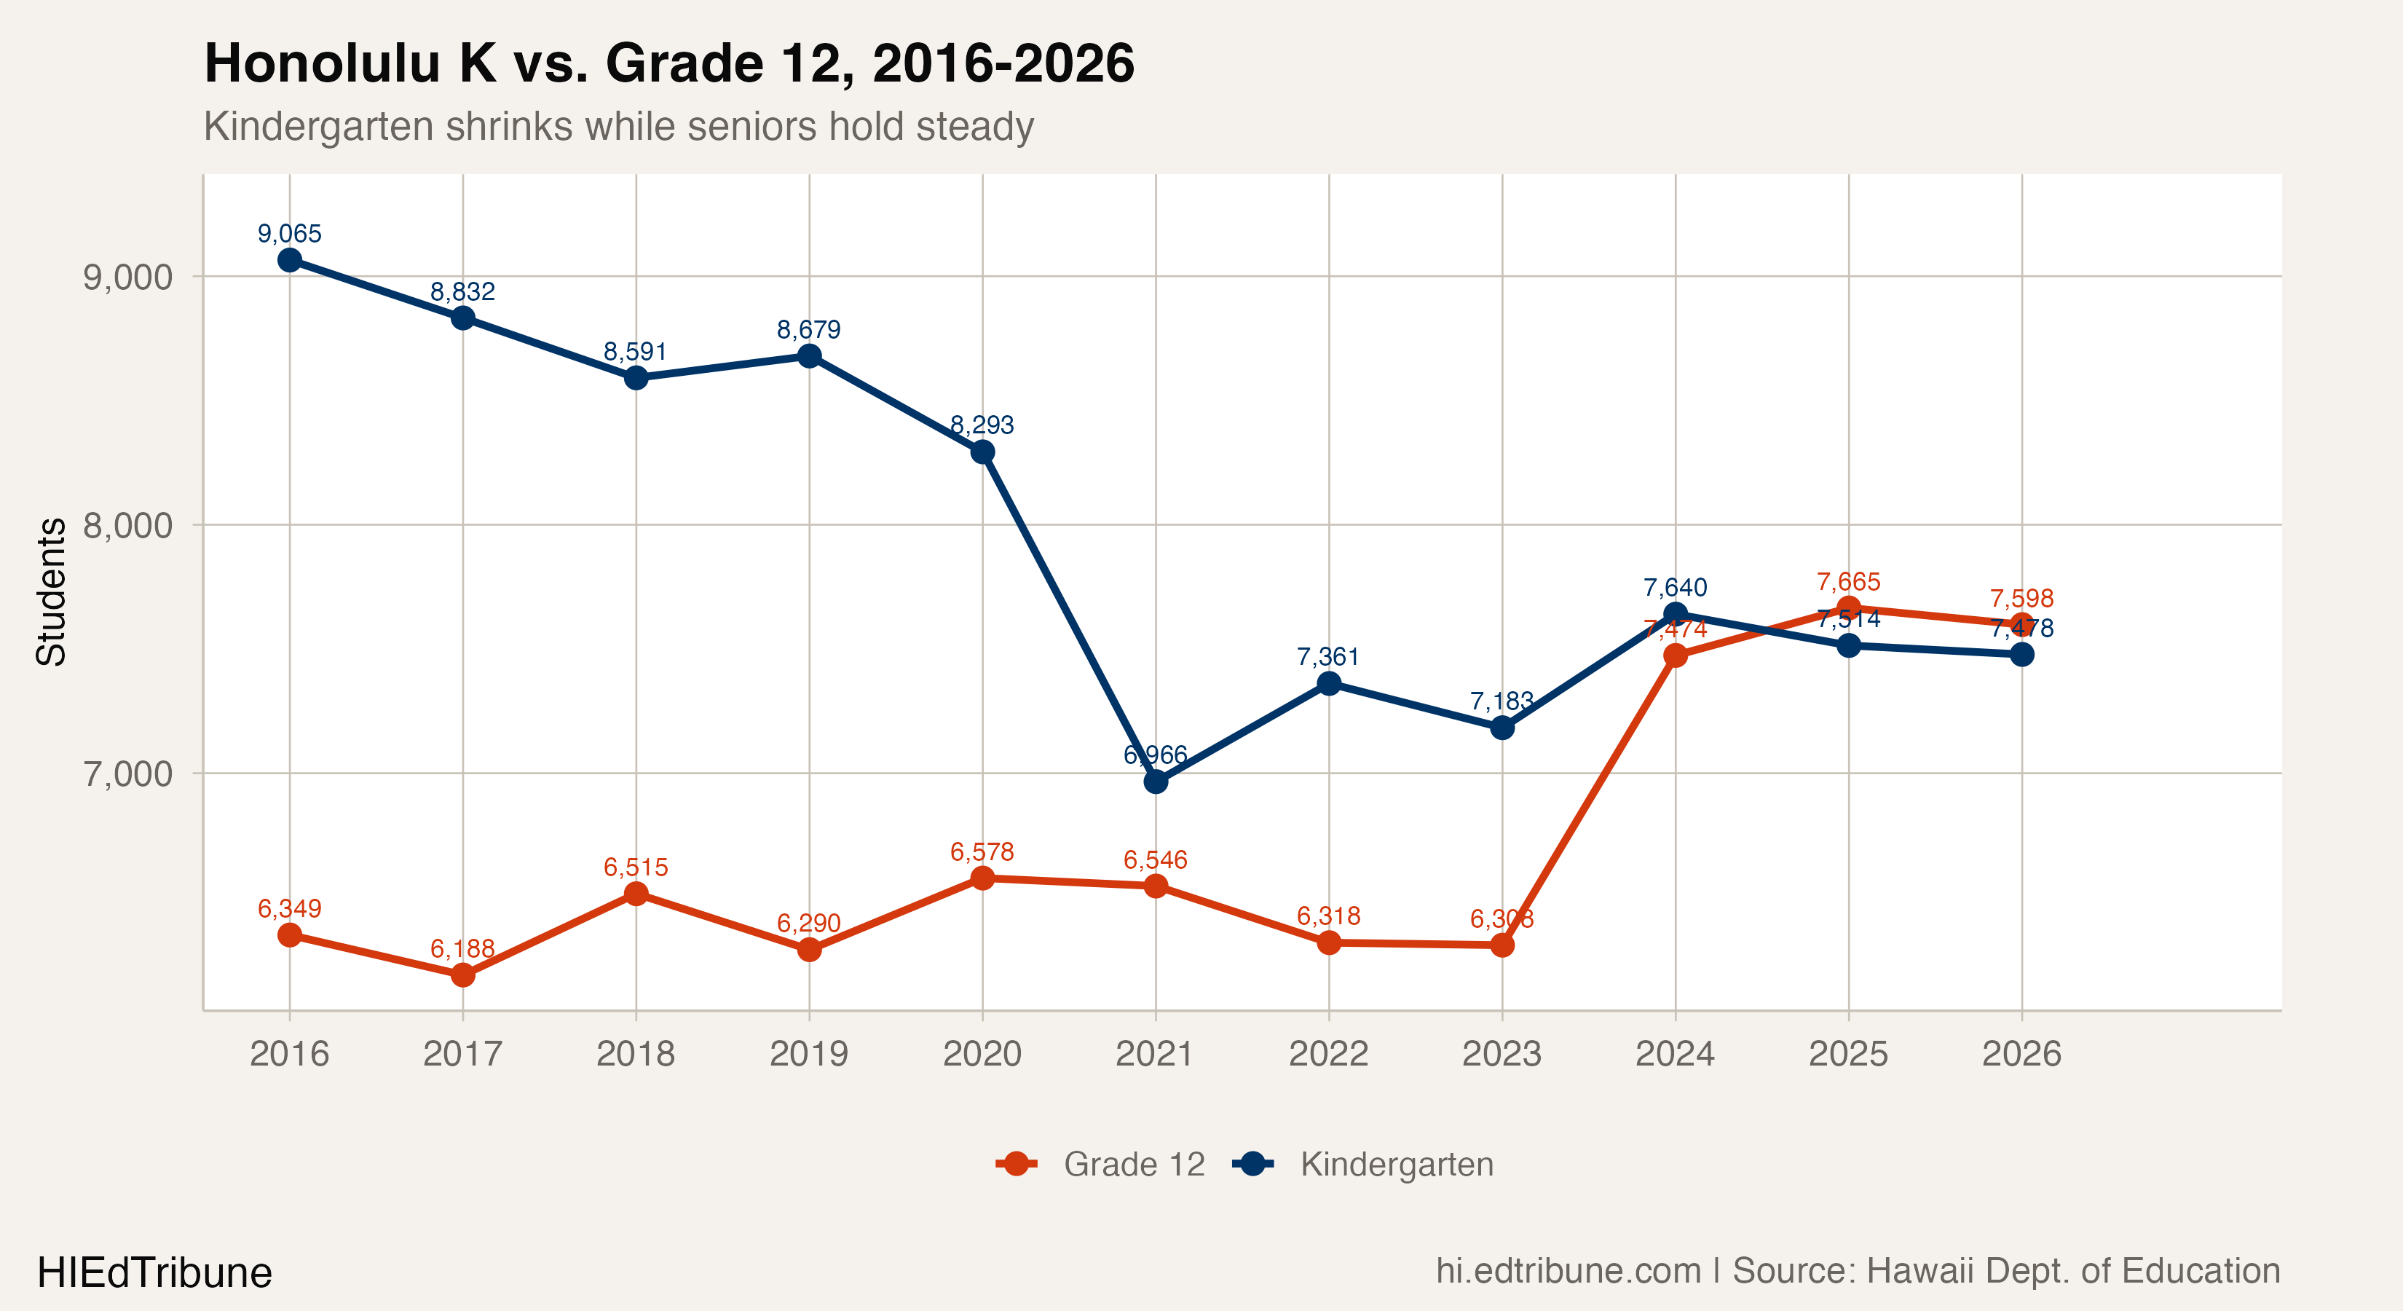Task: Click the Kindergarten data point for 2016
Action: pos(290,259)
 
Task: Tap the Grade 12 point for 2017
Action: pos(462,975)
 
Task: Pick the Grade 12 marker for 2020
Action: pos(982,878)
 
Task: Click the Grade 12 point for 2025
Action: pos(1849,607)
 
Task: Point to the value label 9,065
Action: pos(290,233)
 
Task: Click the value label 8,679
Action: pos(809,329)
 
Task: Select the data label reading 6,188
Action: pos(462,949)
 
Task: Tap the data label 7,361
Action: pos(1328,657)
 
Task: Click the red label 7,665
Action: pos(1849,581)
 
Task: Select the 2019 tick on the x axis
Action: pos(809,1055)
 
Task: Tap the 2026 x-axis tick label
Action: pos(2021,1055)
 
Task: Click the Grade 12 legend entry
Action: pos(1133,1165)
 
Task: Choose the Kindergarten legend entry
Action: pos(1397,1165)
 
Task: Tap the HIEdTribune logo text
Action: pos(155,1272)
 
